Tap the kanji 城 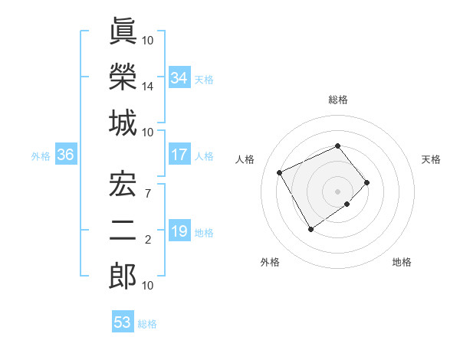[x=123, y=123]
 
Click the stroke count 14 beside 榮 [x=148, y=87]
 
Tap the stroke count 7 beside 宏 [x=148, y=192]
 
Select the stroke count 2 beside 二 [x=148, y=240]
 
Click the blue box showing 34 [x=179, y=78]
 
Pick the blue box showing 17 [x=179, y=155]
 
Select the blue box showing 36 [x=66, y=155]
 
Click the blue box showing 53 [x=123, y=322]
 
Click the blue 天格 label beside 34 [x=204, y=79]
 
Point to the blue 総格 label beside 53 [x=147, y=323]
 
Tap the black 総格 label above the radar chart [x=337, y=100]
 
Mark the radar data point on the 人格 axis [x=281, y=172]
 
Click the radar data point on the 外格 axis [x=310, y=228]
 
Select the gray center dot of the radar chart [x=337, y=191]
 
